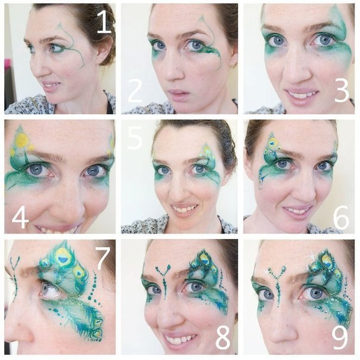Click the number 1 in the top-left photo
[x=104, y=22]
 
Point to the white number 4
[x=20, y=218]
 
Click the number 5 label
[x=135, y=138]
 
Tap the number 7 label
[x=103, y=257]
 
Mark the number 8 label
[x=222, y=337]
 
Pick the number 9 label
[x=340, y=337]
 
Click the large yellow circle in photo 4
[x=22, y=141]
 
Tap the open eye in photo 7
[x=51, y=290]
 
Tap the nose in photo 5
[x=182, y=190]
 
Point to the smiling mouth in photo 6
[x=296, y=211]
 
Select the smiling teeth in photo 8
[x=179, y=340]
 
